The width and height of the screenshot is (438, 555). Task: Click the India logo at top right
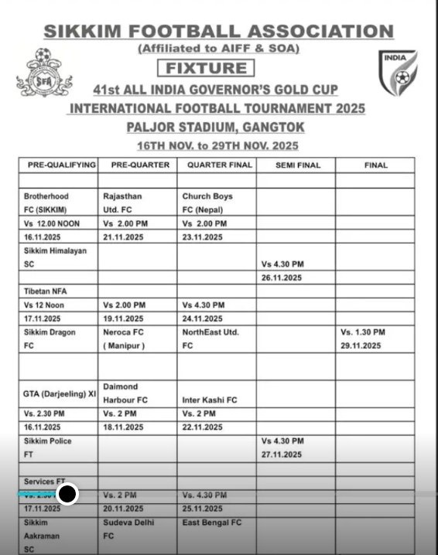tap(398, 73)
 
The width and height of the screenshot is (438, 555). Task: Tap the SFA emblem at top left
tap(44, 73)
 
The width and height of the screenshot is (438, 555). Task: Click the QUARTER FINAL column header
tap(215, 165)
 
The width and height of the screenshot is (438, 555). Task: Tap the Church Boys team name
tap(207, 196)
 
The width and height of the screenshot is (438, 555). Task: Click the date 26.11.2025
tap(281, 277)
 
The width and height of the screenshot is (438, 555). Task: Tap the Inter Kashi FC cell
tap(210, 400)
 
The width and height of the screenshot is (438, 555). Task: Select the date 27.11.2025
tap(281, 455)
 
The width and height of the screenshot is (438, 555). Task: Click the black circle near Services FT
tap(67, 494)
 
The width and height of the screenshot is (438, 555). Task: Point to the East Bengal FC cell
tap(212, 523)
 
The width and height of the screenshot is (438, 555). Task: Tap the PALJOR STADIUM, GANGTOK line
tap(217, 127)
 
